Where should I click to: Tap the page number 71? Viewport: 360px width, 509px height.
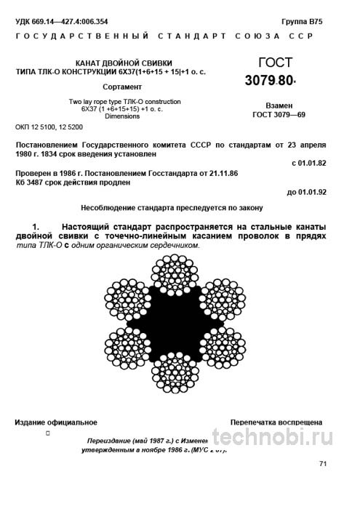(x=323, y=464)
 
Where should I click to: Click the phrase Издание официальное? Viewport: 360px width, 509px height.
(x=56, y=422)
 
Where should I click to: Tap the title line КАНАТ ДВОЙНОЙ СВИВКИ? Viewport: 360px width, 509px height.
(x=124, y=63)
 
